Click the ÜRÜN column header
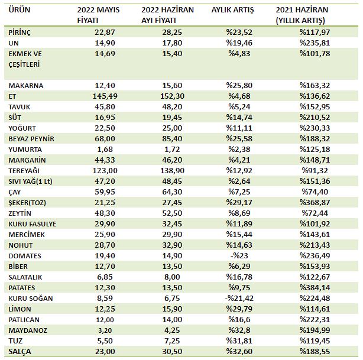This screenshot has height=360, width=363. coord(20,9)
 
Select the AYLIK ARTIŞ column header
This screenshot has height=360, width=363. coord(232,10)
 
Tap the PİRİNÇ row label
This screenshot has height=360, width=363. coord(20,33)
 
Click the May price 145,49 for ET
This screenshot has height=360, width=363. coord(105,96)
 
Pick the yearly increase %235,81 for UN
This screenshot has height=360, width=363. coord(315,43)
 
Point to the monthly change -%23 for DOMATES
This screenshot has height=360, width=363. coord(239,255)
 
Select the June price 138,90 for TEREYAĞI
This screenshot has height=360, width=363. coord(172,171)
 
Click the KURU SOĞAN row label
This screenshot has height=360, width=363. coord(31,299)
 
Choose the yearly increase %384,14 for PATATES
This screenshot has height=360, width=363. coord(315,287)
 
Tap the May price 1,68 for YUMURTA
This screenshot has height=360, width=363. coord(105,150)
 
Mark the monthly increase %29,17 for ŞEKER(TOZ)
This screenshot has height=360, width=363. coord(239,203)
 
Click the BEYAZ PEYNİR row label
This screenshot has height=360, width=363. coord(31,139)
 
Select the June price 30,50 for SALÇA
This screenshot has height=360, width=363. coord(172,352)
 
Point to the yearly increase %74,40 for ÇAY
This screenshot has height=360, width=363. coord(315,192)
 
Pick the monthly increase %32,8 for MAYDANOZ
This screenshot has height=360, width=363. coord(239,330)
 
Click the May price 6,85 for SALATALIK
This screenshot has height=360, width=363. coord(105,277)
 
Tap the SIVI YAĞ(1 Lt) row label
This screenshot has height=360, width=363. coord(30,181)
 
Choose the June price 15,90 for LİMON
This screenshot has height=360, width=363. coord(172,309)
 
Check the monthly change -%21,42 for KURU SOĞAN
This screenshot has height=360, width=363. coord(239,298)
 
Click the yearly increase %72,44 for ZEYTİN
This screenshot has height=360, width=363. coord(315,213)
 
